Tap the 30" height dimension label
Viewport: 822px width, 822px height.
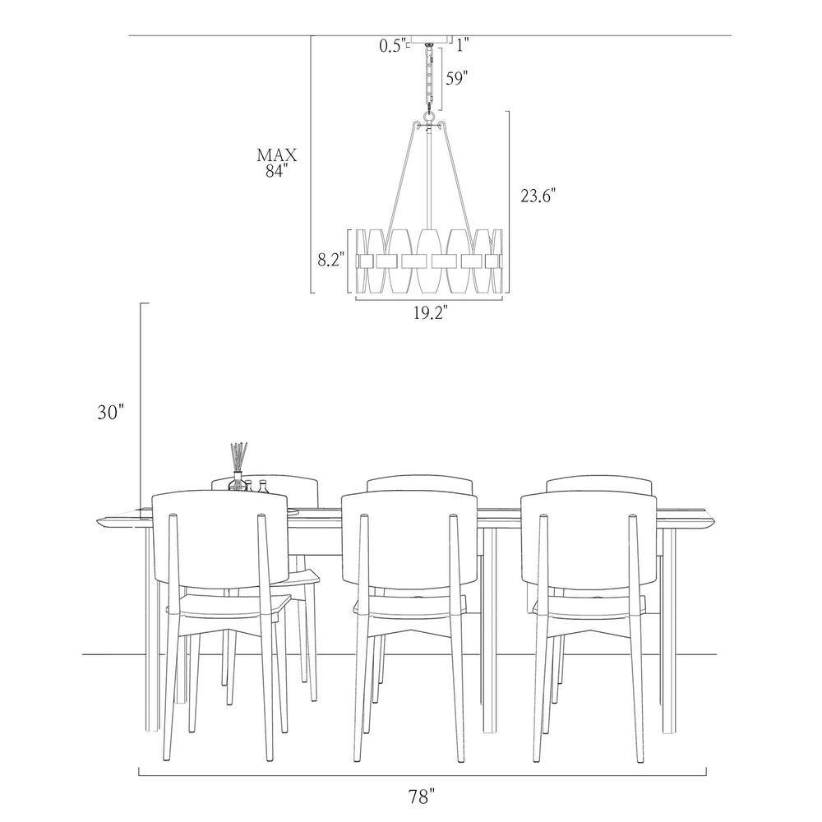110,413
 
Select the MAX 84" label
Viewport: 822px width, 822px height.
277,163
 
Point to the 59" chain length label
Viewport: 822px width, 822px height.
456,79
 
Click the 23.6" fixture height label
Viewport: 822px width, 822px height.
538,196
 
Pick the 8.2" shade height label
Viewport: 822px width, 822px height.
331,260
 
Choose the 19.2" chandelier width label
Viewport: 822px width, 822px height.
430,313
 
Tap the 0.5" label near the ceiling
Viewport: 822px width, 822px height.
393,46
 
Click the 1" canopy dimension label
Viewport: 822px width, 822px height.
462,45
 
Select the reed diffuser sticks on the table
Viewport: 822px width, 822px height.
239,458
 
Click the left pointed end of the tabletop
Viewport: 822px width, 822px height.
98,520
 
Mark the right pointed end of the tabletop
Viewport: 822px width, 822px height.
718,520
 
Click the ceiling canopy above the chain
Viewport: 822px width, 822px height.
429,39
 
